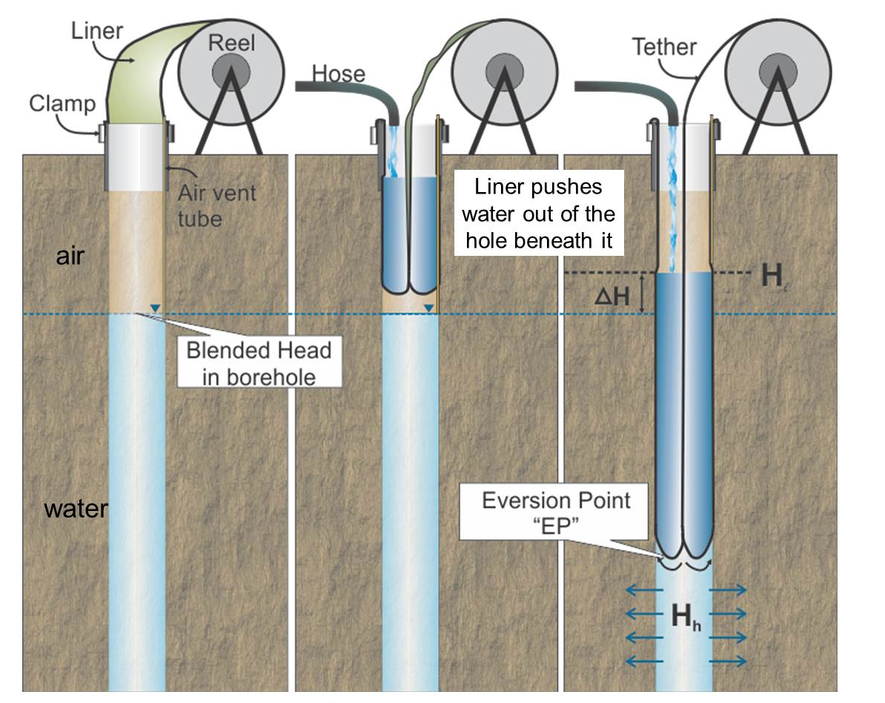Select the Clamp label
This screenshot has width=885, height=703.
click(62, 103)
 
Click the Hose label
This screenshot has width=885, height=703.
click(338, 73)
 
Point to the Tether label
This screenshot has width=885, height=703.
click(664, 47)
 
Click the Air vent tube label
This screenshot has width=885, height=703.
click(217, 205)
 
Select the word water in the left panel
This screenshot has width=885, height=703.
click(76, 509)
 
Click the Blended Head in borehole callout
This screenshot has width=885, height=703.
click(259, 363)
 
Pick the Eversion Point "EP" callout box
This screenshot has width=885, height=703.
click(556, 512)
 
